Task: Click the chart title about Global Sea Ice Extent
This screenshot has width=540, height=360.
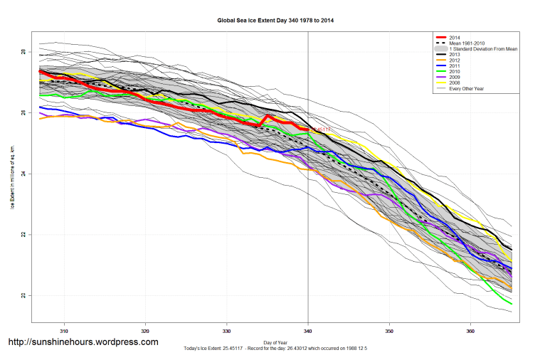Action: (x=275, y=21)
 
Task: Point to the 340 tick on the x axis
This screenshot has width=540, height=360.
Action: (x=308, y=331)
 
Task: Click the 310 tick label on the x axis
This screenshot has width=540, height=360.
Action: (x=64, y=331)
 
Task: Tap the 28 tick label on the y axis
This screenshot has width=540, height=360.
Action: (x=23, y=53)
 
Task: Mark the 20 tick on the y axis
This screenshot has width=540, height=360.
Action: (x=23, y=295)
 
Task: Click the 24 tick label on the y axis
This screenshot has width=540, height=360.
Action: (x=23, y=174)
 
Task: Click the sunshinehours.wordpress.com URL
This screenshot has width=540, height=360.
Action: (x=83, y=342)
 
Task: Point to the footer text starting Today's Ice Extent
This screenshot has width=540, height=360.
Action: (x=275, y=350)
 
